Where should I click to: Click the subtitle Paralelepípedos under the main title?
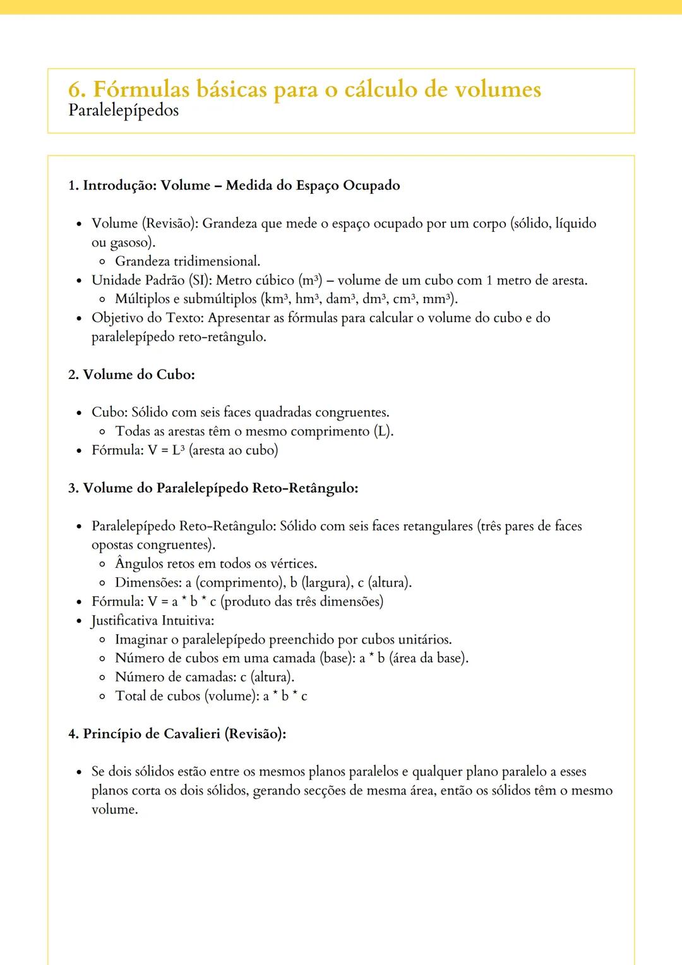[x=123, y=111]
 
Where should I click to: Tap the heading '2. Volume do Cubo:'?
[x=131, y=375]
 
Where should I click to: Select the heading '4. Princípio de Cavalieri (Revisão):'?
[x=177, y=734]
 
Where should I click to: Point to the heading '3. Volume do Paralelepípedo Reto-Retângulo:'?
[x=213, y=488]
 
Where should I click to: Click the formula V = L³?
[x=167, y=450]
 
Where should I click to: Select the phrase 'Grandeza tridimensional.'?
[x=188, y=261]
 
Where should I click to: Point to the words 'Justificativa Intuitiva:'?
[x=153, y=620]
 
